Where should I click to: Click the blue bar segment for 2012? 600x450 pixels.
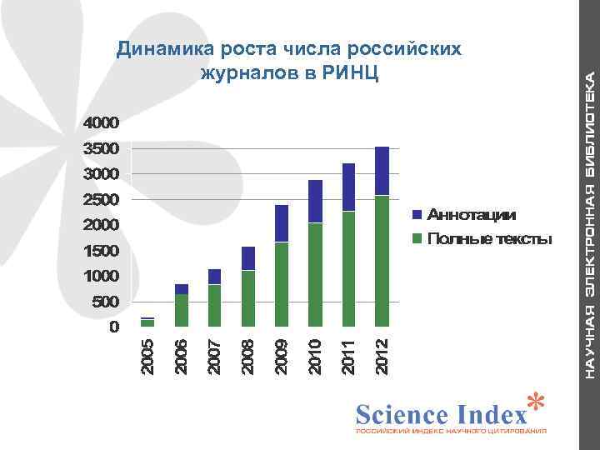(382, 171)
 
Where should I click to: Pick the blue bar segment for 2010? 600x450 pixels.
(315, 201)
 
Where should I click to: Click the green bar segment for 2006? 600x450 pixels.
(181, 309)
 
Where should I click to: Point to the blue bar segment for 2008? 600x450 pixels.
(247, 258)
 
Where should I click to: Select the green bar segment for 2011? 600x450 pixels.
(348, 268)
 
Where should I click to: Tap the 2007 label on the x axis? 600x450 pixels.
(215, 354)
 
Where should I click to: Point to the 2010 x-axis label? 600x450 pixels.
(316, 354)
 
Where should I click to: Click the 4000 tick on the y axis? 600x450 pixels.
(101, 122)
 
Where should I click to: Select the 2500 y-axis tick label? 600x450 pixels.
(101, 199)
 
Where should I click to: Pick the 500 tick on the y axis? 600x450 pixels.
(105, 301)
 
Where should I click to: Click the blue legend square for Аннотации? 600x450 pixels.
(419, 216)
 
